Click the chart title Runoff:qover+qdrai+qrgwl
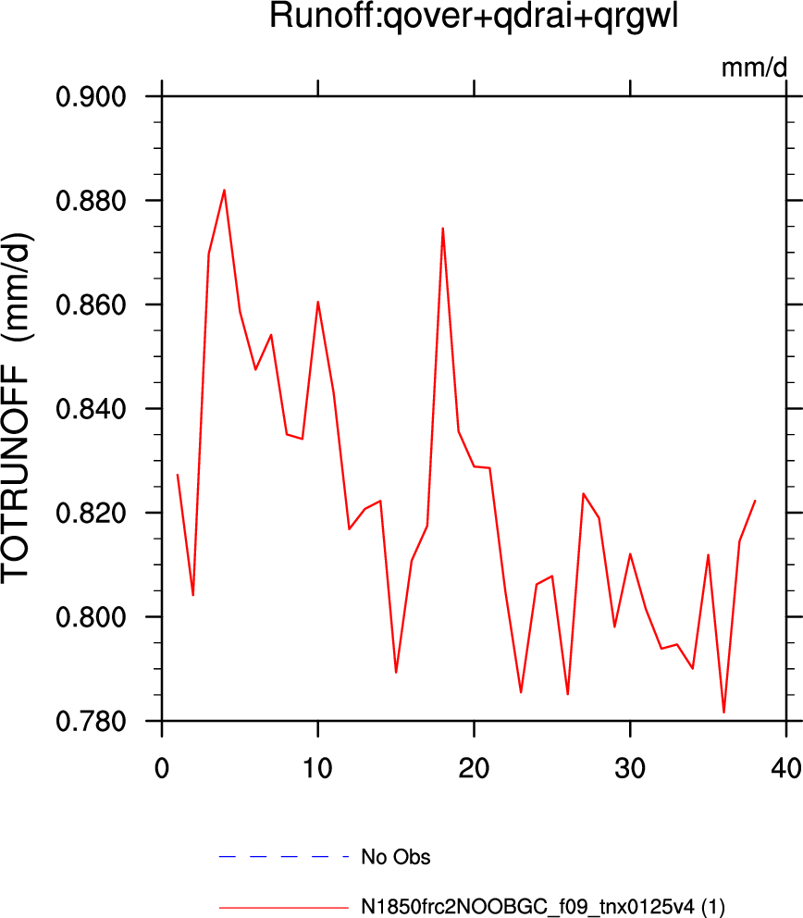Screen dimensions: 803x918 coord(474,17)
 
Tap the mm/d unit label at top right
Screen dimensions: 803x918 coord(754,68)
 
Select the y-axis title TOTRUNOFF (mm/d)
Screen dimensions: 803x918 coord(17,409)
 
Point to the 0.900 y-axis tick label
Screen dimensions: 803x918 coord(91,96)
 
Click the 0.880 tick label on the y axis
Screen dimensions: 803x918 coord(91,201)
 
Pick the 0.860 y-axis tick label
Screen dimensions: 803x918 coord(91,305)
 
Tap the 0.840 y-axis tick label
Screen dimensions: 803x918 coord(91,409)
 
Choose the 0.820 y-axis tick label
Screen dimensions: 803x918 coord(91,513)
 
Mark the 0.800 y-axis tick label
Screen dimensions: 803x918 coord(91,617)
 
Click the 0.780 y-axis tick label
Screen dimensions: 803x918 coord(91,721)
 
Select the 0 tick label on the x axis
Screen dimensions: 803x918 coord(162,767)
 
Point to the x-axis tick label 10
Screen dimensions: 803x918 coord(317,767)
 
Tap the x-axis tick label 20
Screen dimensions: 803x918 coord(474,767)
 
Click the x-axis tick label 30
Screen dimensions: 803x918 coord(630,767)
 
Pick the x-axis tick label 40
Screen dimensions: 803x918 coord(786,767)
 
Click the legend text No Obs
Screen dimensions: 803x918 coord(396,857)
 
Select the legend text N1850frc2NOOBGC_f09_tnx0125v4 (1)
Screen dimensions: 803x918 coord(543,907)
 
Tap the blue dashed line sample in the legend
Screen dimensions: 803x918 coord(284,857)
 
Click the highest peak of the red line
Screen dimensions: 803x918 coord(224,191)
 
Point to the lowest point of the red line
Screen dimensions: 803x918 coord(724,713)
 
